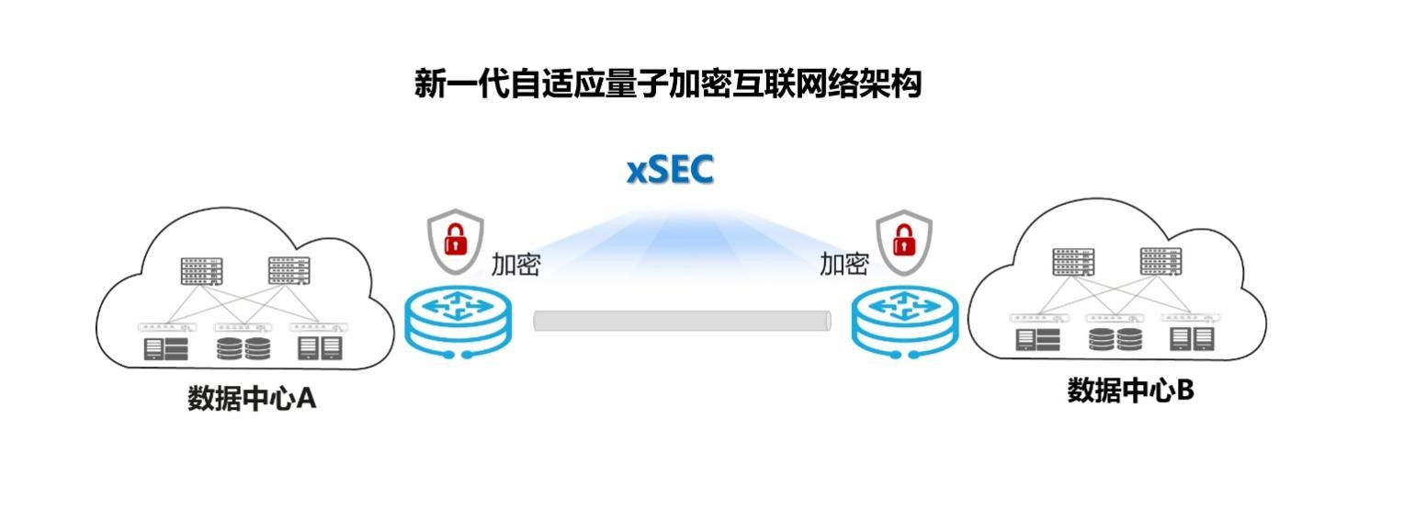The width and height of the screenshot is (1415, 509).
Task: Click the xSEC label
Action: point(670,171)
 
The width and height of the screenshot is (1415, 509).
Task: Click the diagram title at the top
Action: point(668,85)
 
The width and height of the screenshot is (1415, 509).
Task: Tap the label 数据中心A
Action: point(252,399)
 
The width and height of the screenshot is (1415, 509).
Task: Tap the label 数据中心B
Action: point(1130,390)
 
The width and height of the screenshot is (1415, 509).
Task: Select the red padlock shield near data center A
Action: point(456,242)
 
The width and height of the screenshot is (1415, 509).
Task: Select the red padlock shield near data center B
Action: point(904,240)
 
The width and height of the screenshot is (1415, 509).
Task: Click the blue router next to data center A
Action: point(458,321)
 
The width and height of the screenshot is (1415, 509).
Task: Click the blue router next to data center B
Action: point(905,321)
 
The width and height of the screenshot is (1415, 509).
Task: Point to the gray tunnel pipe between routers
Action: point(682,321)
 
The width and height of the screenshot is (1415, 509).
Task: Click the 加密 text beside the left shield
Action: point(515,265)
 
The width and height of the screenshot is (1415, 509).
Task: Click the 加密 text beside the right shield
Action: point(843,265)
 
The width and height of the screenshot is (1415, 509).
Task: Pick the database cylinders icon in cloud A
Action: point(243,349)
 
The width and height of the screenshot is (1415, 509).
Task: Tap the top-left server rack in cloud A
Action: point(202,271)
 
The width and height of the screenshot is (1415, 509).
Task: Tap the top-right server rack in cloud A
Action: point(289,270)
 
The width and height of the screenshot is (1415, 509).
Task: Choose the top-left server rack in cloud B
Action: point(1074,262)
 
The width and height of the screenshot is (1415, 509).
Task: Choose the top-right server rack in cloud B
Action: point(1160,261)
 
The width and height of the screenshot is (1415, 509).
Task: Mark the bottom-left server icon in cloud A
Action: point(166,349)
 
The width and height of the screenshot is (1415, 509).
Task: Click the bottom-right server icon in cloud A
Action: point(320,348)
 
